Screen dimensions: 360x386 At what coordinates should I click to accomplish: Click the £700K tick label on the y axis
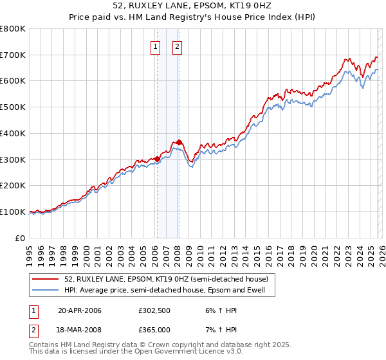pos(13,55)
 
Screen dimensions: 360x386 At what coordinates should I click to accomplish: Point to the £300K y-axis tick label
pos(13,159)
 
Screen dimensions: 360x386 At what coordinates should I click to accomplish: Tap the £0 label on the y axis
pos(19,238)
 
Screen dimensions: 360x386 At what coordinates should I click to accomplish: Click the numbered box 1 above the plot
pos(156,46)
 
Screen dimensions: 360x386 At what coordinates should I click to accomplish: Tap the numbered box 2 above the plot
pos(177,46)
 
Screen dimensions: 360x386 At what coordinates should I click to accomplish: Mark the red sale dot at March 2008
pos(179,143)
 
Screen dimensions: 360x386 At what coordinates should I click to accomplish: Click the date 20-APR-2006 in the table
pos(80,310)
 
